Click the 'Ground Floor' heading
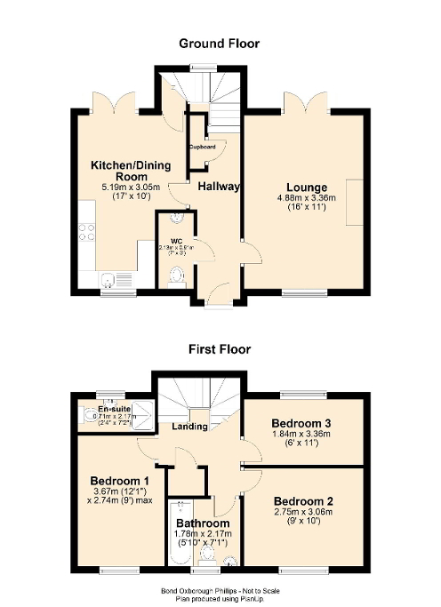click(219, 43)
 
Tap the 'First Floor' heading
click(219, 349)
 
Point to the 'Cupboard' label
click(202, 146)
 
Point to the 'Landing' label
click(190, 427)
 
